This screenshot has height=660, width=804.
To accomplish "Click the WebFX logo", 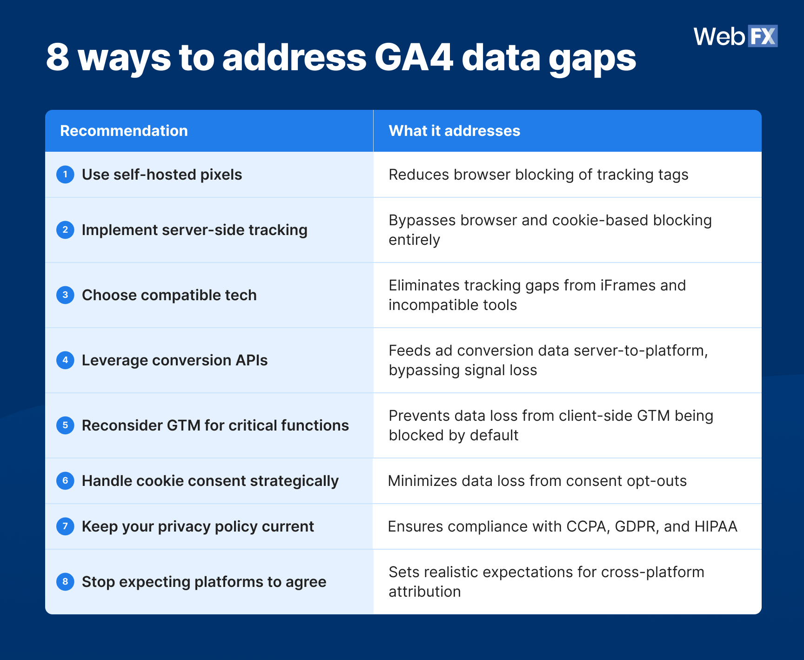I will pos(735,36).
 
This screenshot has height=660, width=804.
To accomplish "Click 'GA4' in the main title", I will pos(414,58).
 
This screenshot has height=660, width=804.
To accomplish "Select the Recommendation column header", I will pos(124,131).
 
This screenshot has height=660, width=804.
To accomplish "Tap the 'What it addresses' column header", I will pos(454,131).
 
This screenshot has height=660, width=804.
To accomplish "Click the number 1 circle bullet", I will pos(65,175).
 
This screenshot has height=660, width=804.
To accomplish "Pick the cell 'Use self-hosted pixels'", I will pos(161,175).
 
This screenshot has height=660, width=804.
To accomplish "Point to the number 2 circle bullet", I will pos(65,230).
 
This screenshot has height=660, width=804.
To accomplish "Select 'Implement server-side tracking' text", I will pos(194,230).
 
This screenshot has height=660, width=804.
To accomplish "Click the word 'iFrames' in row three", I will pos(627,285).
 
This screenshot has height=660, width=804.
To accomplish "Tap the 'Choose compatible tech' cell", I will pos(169,295).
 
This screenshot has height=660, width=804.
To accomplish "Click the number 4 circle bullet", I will pos(65,360).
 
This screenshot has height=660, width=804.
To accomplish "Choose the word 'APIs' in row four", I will pos(251,360).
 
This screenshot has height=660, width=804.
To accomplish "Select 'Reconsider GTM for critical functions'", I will pos(215,425).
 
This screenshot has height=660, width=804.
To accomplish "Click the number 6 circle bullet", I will pos(65,481).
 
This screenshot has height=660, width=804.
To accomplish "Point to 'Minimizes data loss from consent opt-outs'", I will pos(537,481).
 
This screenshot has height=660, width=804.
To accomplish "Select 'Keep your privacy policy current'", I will pos(198,526).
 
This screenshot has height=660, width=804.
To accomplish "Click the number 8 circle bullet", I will pos(65,582).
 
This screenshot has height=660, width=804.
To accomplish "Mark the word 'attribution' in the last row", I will pos(424,592).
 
